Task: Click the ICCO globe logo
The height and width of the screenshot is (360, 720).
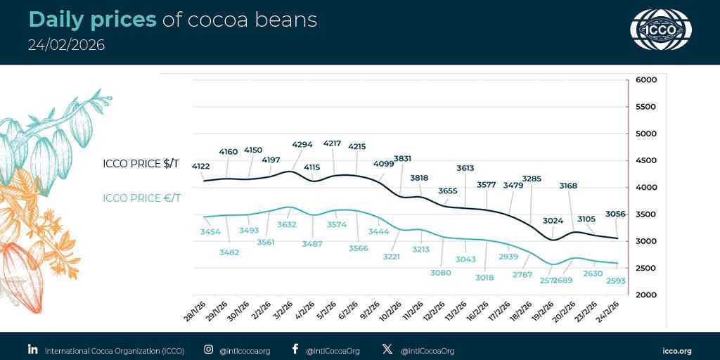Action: point(660,30)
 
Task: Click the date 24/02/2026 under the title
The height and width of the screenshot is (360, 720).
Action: point(66,45)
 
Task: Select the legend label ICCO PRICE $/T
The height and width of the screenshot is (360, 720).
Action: point(141,165)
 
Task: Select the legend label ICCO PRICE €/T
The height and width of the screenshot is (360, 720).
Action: point(141,198)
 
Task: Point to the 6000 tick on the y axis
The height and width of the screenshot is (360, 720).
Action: point(645,80)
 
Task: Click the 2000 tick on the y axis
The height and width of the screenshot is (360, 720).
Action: point(645,295)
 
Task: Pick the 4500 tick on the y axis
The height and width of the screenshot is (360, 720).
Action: point(645,160)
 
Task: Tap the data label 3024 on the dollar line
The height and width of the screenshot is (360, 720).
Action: point(553,221)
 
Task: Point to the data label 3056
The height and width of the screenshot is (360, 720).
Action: point(616,214)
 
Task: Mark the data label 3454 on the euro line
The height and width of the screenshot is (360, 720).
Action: point(210,231)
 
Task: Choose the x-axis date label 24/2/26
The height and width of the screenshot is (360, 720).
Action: point(607,309)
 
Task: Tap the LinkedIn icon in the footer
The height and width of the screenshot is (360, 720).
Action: point(32,349)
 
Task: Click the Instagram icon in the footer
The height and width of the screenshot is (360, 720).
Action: point(209,349)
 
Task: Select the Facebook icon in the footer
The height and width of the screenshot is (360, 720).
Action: point(295,349)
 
